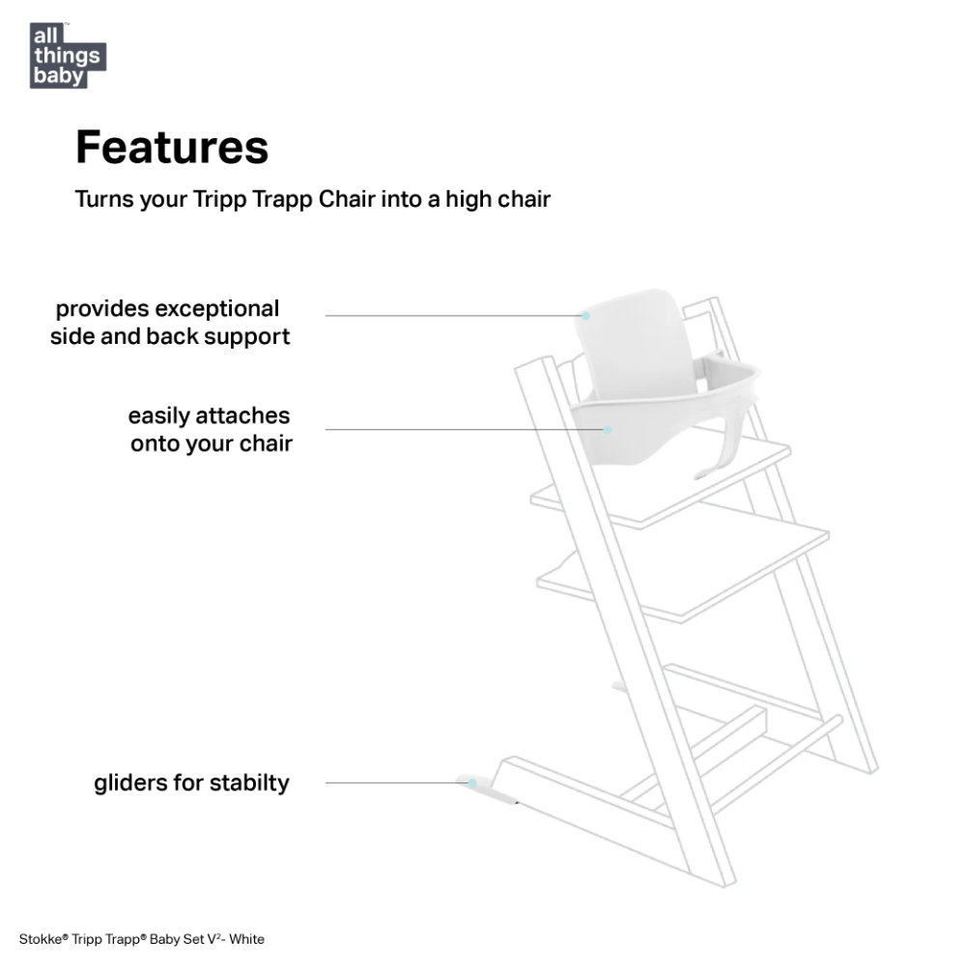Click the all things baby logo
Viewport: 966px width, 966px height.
coord(68,55)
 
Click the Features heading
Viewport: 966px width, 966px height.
coord(172,147)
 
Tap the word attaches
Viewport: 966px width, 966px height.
coord(242,415)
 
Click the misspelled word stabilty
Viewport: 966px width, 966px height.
coord(249,783)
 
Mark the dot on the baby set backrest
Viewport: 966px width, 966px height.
coord(586,316)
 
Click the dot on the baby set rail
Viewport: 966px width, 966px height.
coord(608,430)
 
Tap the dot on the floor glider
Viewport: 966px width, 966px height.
coord(472,783)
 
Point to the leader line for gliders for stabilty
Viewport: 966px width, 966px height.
coord(396,783)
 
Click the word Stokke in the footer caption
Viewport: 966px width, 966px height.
coord(41,939)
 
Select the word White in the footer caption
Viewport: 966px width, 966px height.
coord(246,939)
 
